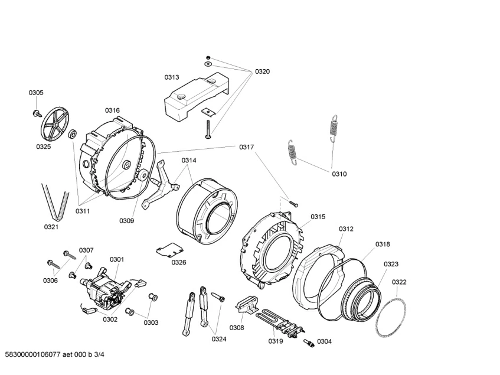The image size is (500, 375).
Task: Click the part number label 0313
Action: coord(172,77)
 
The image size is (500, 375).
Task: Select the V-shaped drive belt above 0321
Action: coord(51,201)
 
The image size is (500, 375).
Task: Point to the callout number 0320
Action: coord(262,71)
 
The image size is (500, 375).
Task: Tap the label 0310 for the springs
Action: coord(339,174)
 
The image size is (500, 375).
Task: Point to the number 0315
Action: coord(318,217)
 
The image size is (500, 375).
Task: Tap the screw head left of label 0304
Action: coord(307,343)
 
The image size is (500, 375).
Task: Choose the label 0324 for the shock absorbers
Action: coord(219,338)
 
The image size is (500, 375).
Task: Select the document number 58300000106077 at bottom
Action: coord(35,355)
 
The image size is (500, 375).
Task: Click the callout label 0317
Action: coord(247,147)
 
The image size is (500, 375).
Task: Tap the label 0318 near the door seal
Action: coord(383,244)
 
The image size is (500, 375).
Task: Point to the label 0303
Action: coord(151,322)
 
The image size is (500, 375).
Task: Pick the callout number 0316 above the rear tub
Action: coord(112,110)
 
